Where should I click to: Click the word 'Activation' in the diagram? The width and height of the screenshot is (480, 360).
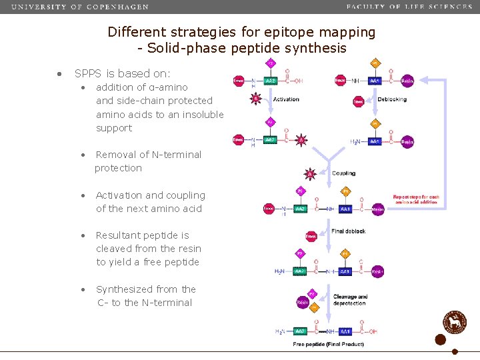[x=286, y=99]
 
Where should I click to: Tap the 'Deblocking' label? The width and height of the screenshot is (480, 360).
[x=392, y=99]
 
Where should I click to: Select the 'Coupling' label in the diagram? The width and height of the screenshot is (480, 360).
[x=344, y=173]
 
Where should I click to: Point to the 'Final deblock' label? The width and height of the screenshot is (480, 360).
[x=348, y=231]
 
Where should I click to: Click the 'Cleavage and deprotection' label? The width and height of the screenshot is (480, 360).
[x=350, y=300]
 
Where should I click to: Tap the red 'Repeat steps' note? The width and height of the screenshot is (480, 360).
[x=416, y=199]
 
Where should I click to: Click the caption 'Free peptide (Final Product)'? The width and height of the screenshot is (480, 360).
[x=329, y=344]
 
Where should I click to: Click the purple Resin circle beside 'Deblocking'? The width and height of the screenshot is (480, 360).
[x=407, y=81]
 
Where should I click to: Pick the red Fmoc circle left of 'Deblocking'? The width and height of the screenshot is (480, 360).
[x=359, y=101]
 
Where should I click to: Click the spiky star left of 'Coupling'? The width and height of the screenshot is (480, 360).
[x=309, y=174]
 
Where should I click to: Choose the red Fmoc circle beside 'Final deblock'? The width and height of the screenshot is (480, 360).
[x=311, y=236]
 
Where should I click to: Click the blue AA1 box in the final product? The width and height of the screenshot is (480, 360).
[x=345, y=331]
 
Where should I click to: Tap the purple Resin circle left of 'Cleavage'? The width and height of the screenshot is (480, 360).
[x=303, y=302]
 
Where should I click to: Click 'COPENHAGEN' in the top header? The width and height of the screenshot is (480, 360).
[x=117, y=7]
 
